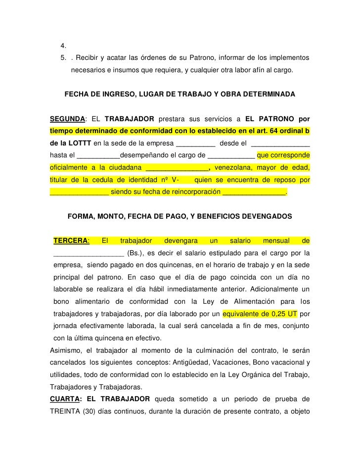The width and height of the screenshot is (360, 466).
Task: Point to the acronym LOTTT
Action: pyautogui.click(x=80, y=143)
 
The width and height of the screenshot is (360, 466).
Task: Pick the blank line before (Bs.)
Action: pyautogui.click(x=89, y=253)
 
